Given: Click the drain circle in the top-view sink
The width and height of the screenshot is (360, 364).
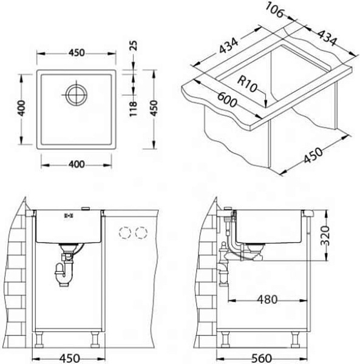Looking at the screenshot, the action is [76, 95].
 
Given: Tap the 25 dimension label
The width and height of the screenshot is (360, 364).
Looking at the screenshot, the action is [134, 45].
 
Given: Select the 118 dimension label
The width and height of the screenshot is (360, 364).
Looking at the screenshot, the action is [133, 109].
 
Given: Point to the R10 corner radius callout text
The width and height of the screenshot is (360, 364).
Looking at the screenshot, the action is [247, 84].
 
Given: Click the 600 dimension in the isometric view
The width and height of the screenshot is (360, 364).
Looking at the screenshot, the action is [227, 99].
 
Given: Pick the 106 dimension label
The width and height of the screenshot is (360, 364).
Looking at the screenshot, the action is [274, 10].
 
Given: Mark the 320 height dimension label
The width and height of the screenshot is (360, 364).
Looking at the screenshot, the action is [325, 235].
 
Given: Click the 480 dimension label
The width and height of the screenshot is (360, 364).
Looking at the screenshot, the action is [267, 300].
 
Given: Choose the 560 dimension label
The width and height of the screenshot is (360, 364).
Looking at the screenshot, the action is [261, 358].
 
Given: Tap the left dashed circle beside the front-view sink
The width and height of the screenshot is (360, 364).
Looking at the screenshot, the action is [125, 232].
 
